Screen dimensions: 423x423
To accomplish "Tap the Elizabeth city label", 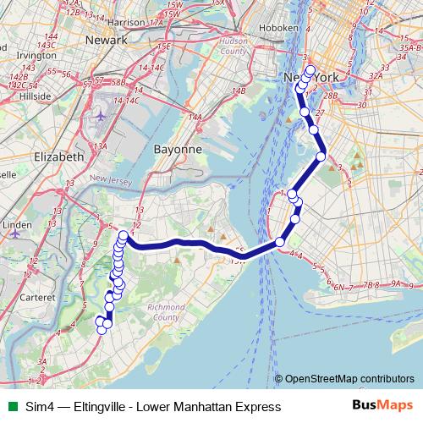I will (x=58, y=157).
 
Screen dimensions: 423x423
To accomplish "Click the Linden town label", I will (x=17, y=226).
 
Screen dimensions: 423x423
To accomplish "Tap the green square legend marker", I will (x=10, y=408).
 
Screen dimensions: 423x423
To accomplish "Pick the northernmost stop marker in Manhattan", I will (x=310, y=71).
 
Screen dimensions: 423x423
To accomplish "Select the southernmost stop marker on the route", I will (x=102, y=329).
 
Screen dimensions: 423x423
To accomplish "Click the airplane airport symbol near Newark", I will (x=102, y=114).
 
